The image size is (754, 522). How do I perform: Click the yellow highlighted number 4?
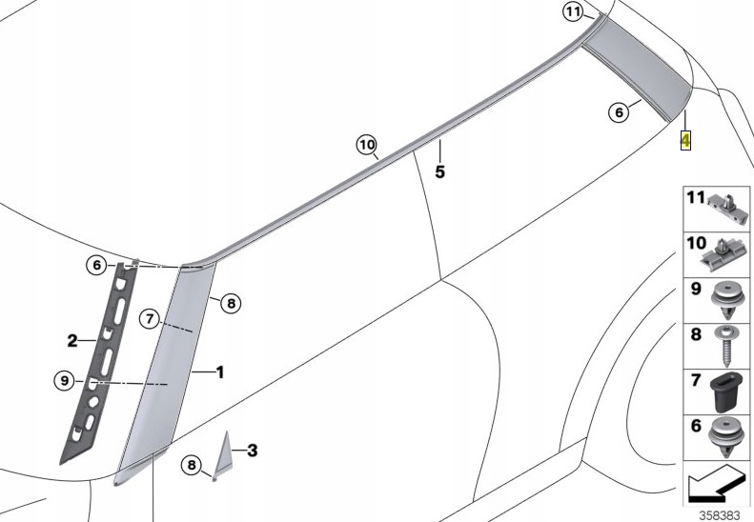[x=684, y=140]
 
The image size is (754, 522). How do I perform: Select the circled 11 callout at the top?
[x=572, y=12]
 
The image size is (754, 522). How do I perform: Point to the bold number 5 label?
[x=440, y=172]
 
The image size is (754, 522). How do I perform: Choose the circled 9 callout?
[x=64, y=381]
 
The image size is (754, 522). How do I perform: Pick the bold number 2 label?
[x=71, y=340]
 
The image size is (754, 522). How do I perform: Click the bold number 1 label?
[x=219, y=372]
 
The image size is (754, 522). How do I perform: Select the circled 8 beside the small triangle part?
[x=192, y=466]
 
